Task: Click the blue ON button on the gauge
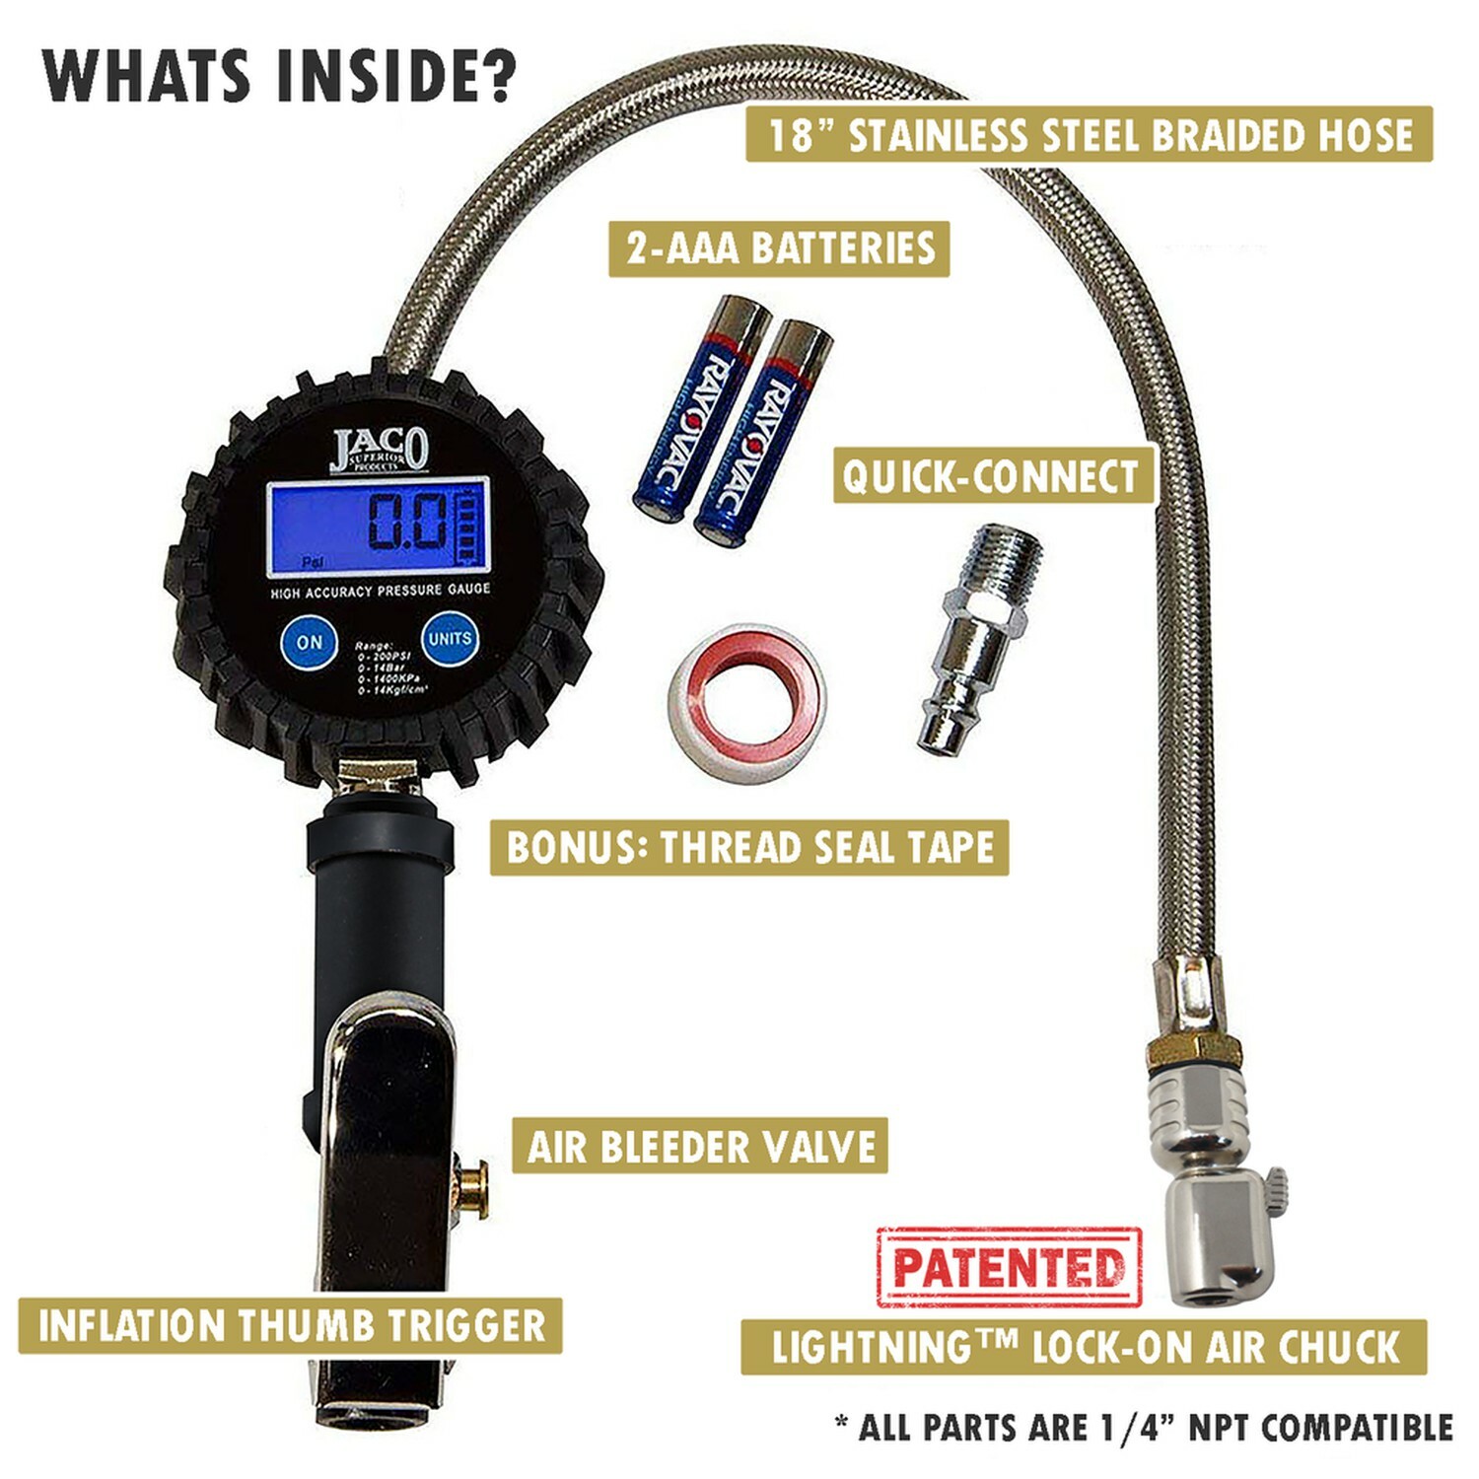(x=310, y=642)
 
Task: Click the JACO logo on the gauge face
(x=379, y=451)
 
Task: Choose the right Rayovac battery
(x=761, y=431)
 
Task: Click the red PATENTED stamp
(x=1008, y=1268)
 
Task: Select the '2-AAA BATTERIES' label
(x=779, y=247)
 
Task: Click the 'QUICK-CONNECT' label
(x=992, y=476)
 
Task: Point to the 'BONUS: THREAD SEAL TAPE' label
(x=749, y=847)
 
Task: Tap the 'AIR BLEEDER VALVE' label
(x=700, y=1147)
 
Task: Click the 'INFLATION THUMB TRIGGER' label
(x=291, y=1325)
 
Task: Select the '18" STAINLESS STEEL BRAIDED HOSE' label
(x=1089, y=134)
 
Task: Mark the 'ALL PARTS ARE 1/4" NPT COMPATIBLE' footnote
(x=1144, y=1427)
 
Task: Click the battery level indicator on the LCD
(x=471, y=528)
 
